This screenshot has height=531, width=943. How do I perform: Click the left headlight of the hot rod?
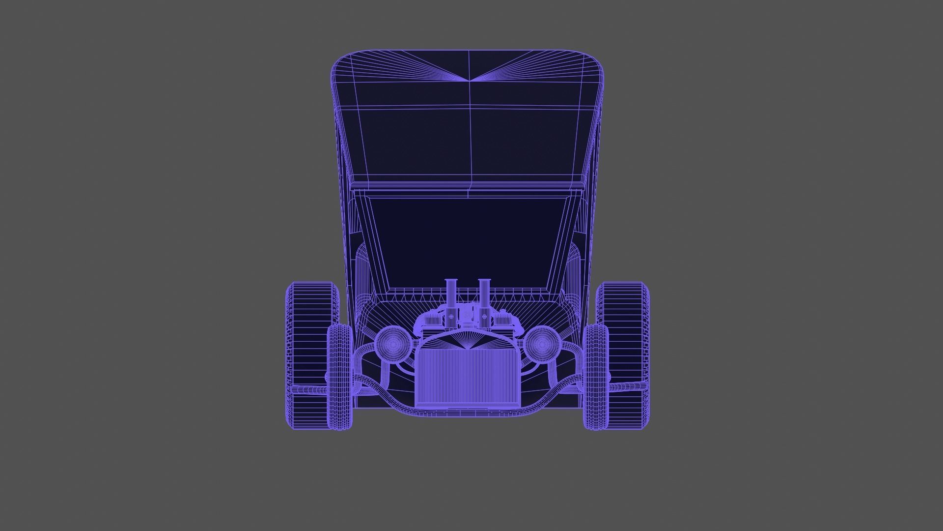coord(393,344)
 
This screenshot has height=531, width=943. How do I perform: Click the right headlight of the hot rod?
coord(542,344)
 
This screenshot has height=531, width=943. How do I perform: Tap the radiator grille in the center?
coord(468,376)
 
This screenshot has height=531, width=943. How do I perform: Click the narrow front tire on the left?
coord(339,376)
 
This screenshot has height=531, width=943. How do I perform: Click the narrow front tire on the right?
coord(595,376)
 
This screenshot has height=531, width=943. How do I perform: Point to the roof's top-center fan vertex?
coord(469,80)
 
